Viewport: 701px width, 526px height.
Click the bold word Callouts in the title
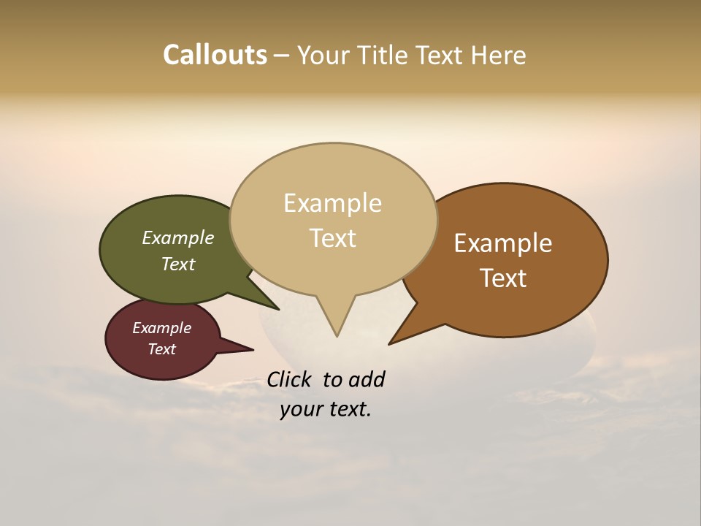(x=215, y=55)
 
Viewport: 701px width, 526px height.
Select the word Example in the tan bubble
(x=332, y=203)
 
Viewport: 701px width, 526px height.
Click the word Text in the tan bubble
(x=332, y=238)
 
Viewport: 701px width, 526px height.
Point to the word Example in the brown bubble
(x=503, y=243)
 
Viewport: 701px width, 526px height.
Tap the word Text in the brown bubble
(x=503, y=278)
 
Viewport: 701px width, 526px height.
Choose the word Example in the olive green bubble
(x=177, y=238)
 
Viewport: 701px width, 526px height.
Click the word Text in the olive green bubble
(x=177, y=264)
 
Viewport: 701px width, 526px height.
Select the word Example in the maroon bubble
(x=161, y=328)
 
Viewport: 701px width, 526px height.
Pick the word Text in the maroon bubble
(x=161, y=349)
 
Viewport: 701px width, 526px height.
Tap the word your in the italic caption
(x=301, y=409)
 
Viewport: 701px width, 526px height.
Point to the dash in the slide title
(x=282, y=56)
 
